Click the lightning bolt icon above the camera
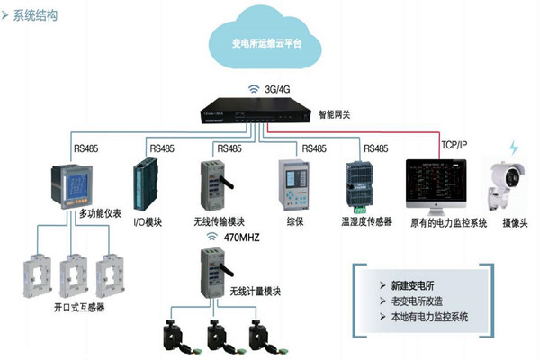pyautogui.click(x=514, y=148)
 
